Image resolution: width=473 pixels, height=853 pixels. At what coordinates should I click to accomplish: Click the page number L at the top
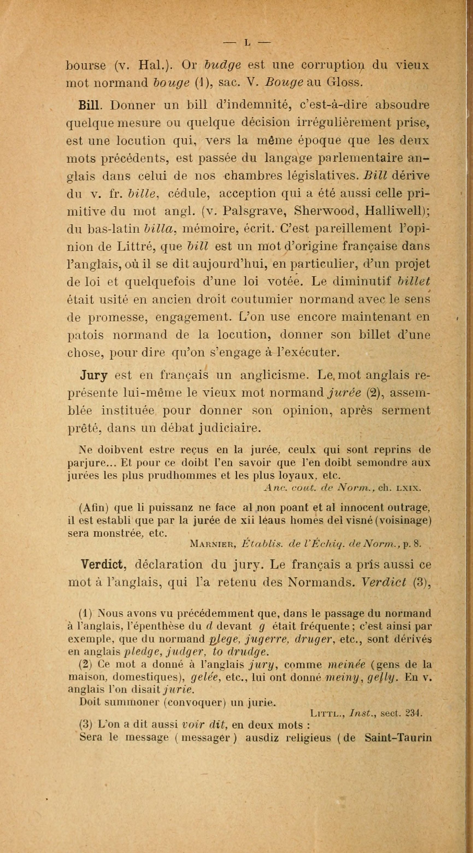coord(247,42)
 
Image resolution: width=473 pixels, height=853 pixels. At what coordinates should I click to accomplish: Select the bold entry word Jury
coord(94,376)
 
